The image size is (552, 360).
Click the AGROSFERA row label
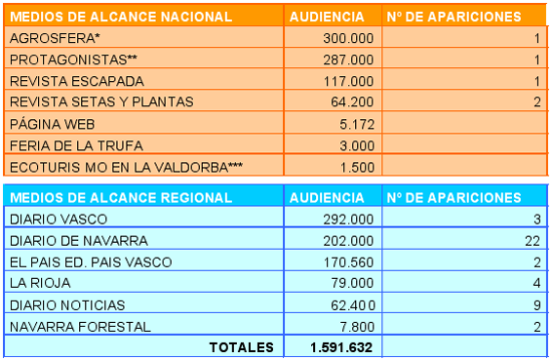click(55, 38)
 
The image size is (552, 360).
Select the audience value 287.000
click(348, 60)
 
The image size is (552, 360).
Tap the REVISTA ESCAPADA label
click(77, 81)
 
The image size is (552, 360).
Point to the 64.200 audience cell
click(352, 101)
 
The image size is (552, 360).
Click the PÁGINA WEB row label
click(52, 124)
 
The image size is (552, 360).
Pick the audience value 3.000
click(357, 145)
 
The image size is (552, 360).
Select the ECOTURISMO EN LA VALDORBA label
click(126, 167)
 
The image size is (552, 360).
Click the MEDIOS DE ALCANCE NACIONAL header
click(121, 17)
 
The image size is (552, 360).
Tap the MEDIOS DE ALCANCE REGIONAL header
click(121, 198)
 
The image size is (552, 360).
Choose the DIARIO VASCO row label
click(59, 220)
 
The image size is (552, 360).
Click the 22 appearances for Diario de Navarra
click(532, 241)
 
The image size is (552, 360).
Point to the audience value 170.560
click(348, 262)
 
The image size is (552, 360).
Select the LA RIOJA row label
click(40, 283)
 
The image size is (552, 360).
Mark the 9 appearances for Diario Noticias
click(536, 305)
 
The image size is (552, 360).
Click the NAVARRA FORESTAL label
click(80, 327)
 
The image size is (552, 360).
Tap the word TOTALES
click(242, 347)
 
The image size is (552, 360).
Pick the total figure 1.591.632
click(341, 347)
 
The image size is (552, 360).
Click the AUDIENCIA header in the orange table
click(327, 17)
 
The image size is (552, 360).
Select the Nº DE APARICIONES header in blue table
click(453, 198)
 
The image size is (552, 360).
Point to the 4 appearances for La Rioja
click(536, 283)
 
